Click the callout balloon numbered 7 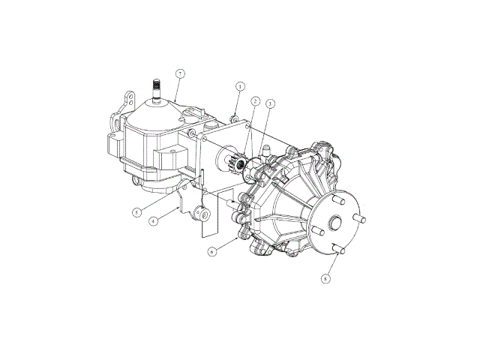click(x=180, y=73)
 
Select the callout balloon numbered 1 click(x=240, y=87)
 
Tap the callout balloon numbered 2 click(x=255, y=101)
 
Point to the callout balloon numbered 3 click(x=270, y=103)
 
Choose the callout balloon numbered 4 click(x=154, y=220)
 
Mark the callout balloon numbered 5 click(x=137, y=212)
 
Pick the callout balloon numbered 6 click(x=211, y=252)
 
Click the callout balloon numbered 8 click(x=326, y=278)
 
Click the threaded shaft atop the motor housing click(x=157, y=88)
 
